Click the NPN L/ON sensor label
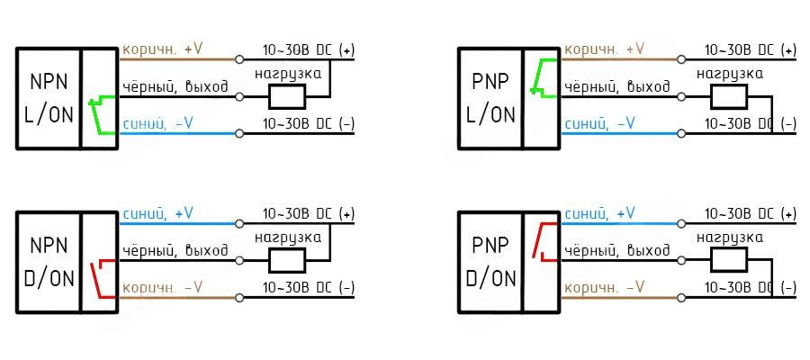point(49,96)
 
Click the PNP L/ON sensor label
point(491,96)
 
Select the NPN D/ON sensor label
point(49,261)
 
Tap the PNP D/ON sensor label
point(491,261)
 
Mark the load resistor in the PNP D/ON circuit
point(730,260)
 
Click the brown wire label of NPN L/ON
point(162,49)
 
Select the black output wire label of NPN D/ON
point(175,249)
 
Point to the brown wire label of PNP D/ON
point(605,287)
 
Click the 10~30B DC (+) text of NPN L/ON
point(308,49)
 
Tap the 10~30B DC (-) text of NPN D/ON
point(308,288)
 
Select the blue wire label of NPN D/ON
point(158,213)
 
